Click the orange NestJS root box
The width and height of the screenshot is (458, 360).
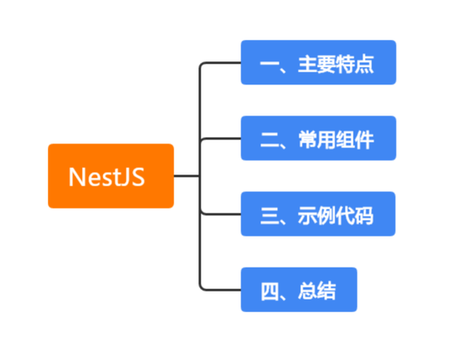point(111,175)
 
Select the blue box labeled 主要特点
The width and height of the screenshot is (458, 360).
point(318,62)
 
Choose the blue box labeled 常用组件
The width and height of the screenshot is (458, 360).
point(318,139)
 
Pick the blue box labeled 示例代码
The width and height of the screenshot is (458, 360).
point(318,213)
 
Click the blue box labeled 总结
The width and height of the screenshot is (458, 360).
point(299,289)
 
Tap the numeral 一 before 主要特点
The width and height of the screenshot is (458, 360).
point(269,63)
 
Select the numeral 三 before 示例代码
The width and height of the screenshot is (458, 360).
point(269,214)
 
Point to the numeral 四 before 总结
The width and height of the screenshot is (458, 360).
point(269,290)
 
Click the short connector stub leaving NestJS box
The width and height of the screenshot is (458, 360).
point(186,175)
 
